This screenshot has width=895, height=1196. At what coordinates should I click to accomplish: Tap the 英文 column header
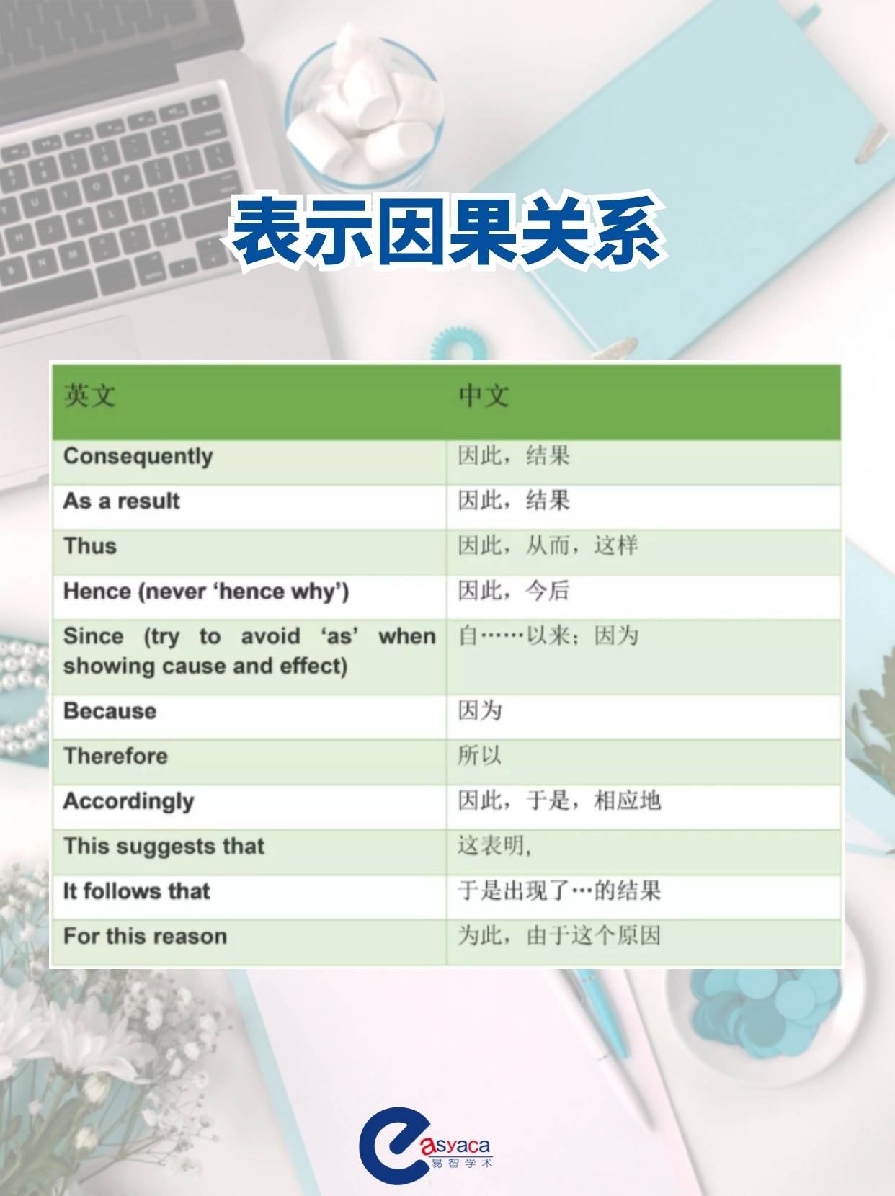click(x=89, y=396)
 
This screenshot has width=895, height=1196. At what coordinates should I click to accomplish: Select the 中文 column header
click(x=484, y=396)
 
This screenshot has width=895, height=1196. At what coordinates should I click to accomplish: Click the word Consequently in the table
click(x=138, y=457)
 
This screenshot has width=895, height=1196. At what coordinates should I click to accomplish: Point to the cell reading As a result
click(x=122, y=501)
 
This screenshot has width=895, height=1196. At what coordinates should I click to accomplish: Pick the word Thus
click(x=90, y=546)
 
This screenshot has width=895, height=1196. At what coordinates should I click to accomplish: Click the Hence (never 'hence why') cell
click(x=206, y=592)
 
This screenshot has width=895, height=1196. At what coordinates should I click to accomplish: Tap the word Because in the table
click(x=110, y=711)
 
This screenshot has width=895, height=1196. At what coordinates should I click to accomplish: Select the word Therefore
click(x=115, y=756)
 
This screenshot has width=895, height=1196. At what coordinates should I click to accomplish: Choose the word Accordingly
click(x=129, y=801)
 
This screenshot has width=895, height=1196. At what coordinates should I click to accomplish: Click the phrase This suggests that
click(x=164, y=846)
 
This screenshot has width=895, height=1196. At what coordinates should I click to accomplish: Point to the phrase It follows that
click(x=137, y=891)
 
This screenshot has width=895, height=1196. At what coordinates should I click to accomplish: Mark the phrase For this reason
click(x=145, y=936)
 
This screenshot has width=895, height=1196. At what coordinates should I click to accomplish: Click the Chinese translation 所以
click(x=480, y=756)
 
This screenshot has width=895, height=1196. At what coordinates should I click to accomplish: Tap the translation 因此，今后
click(x=514, y=592)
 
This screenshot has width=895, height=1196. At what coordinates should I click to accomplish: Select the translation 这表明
click(x=494, y=846)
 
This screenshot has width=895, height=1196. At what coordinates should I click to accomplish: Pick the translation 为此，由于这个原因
click(x=559, y=936)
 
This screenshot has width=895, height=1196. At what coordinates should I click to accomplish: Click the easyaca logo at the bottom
click(x=425, y=1146)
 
